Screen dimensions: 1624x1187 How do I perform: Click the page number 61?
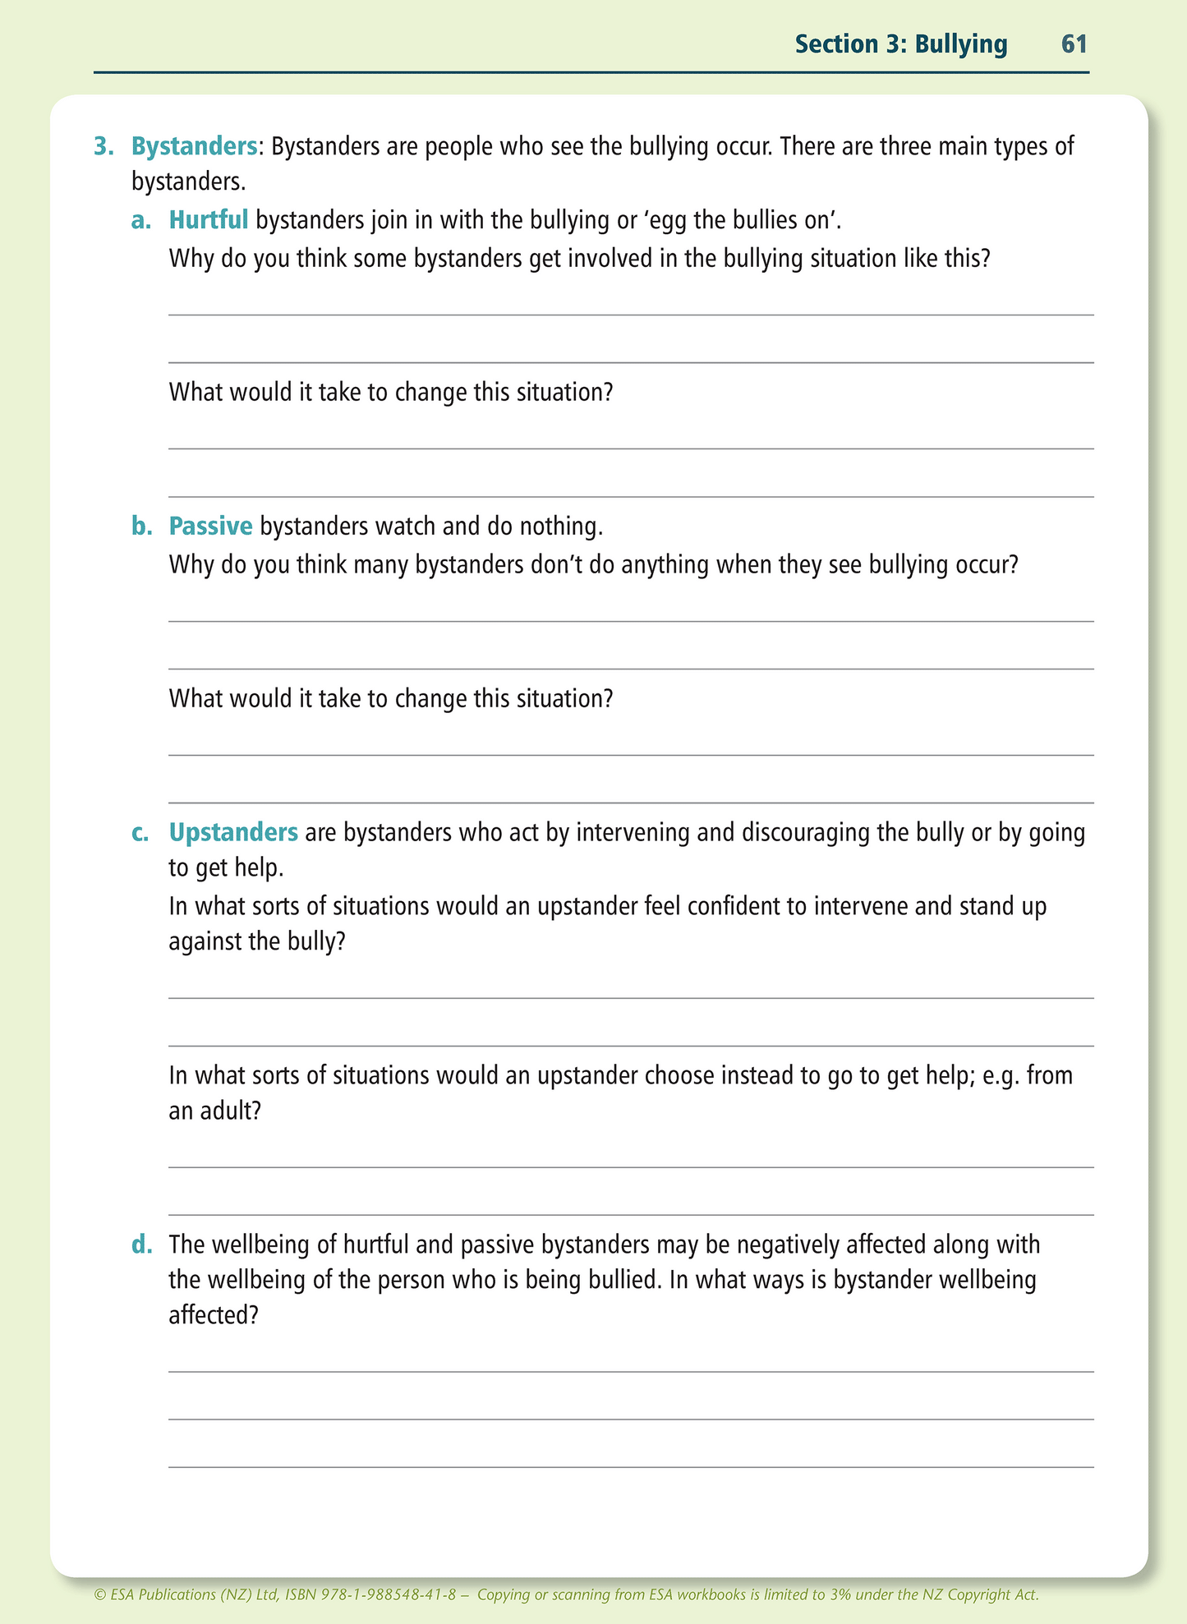coord(1074,44)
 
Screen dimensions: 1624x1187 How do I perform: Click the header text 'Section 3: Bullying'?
coord(900,44)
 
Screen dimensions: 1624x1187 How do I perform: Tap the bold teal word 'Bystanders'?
coord(195,147)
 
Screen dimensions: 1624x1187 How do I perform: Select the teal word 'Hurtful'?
coord(209,220)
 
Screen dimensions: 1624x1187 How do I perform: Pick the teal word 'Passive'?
coord(211,527)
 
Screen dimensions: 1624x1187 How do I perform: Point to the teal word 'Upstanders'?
coord(233,833)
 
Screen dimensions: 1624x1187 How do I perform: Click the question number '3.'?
coord(104,147)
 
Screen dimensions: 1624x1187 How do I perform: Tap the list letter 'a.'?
coord(141,220)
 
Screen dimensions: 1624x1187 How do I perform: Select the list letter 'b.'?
coord(142,527)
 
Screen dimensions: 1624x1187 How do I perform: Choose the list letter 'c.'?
coord(140,833)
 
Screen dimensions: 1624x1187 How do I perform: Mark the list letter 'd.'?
coord(142,1245)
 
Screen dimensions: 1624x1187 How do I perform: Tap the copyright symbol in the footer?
coord(100,1595)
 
